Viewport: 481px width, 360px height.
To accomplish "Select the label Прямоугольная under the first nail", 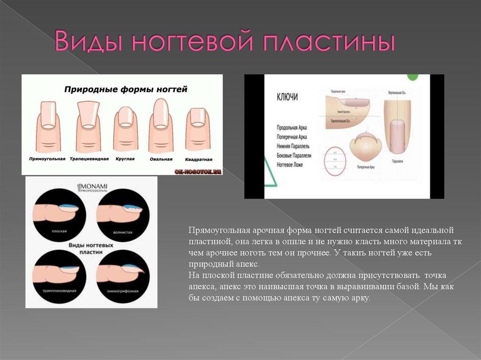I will point(47,159).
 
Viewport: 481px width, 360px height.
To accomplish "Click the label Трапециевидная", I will point(89,159).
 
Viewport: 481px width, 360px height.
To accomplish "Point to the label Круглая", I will point(125,159).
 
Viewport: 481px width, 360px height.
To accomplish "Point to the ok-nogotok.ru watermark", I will point(197,172).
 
